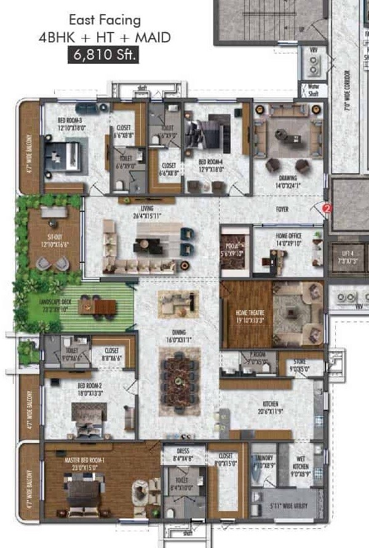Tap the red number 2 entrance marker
pyautogui.click(x=327, y=209)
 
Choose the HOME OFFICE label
pyautogui.click(x=288, y=239)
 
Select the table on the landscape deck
pyautogui.click(x=102, y=305)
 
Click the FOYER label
pyautogui.click(x=282, y=209)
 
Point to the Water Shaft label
pyautogui.click(x=313, y=89)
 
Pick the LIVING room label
pyautogui.click(x=147, y=212)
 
